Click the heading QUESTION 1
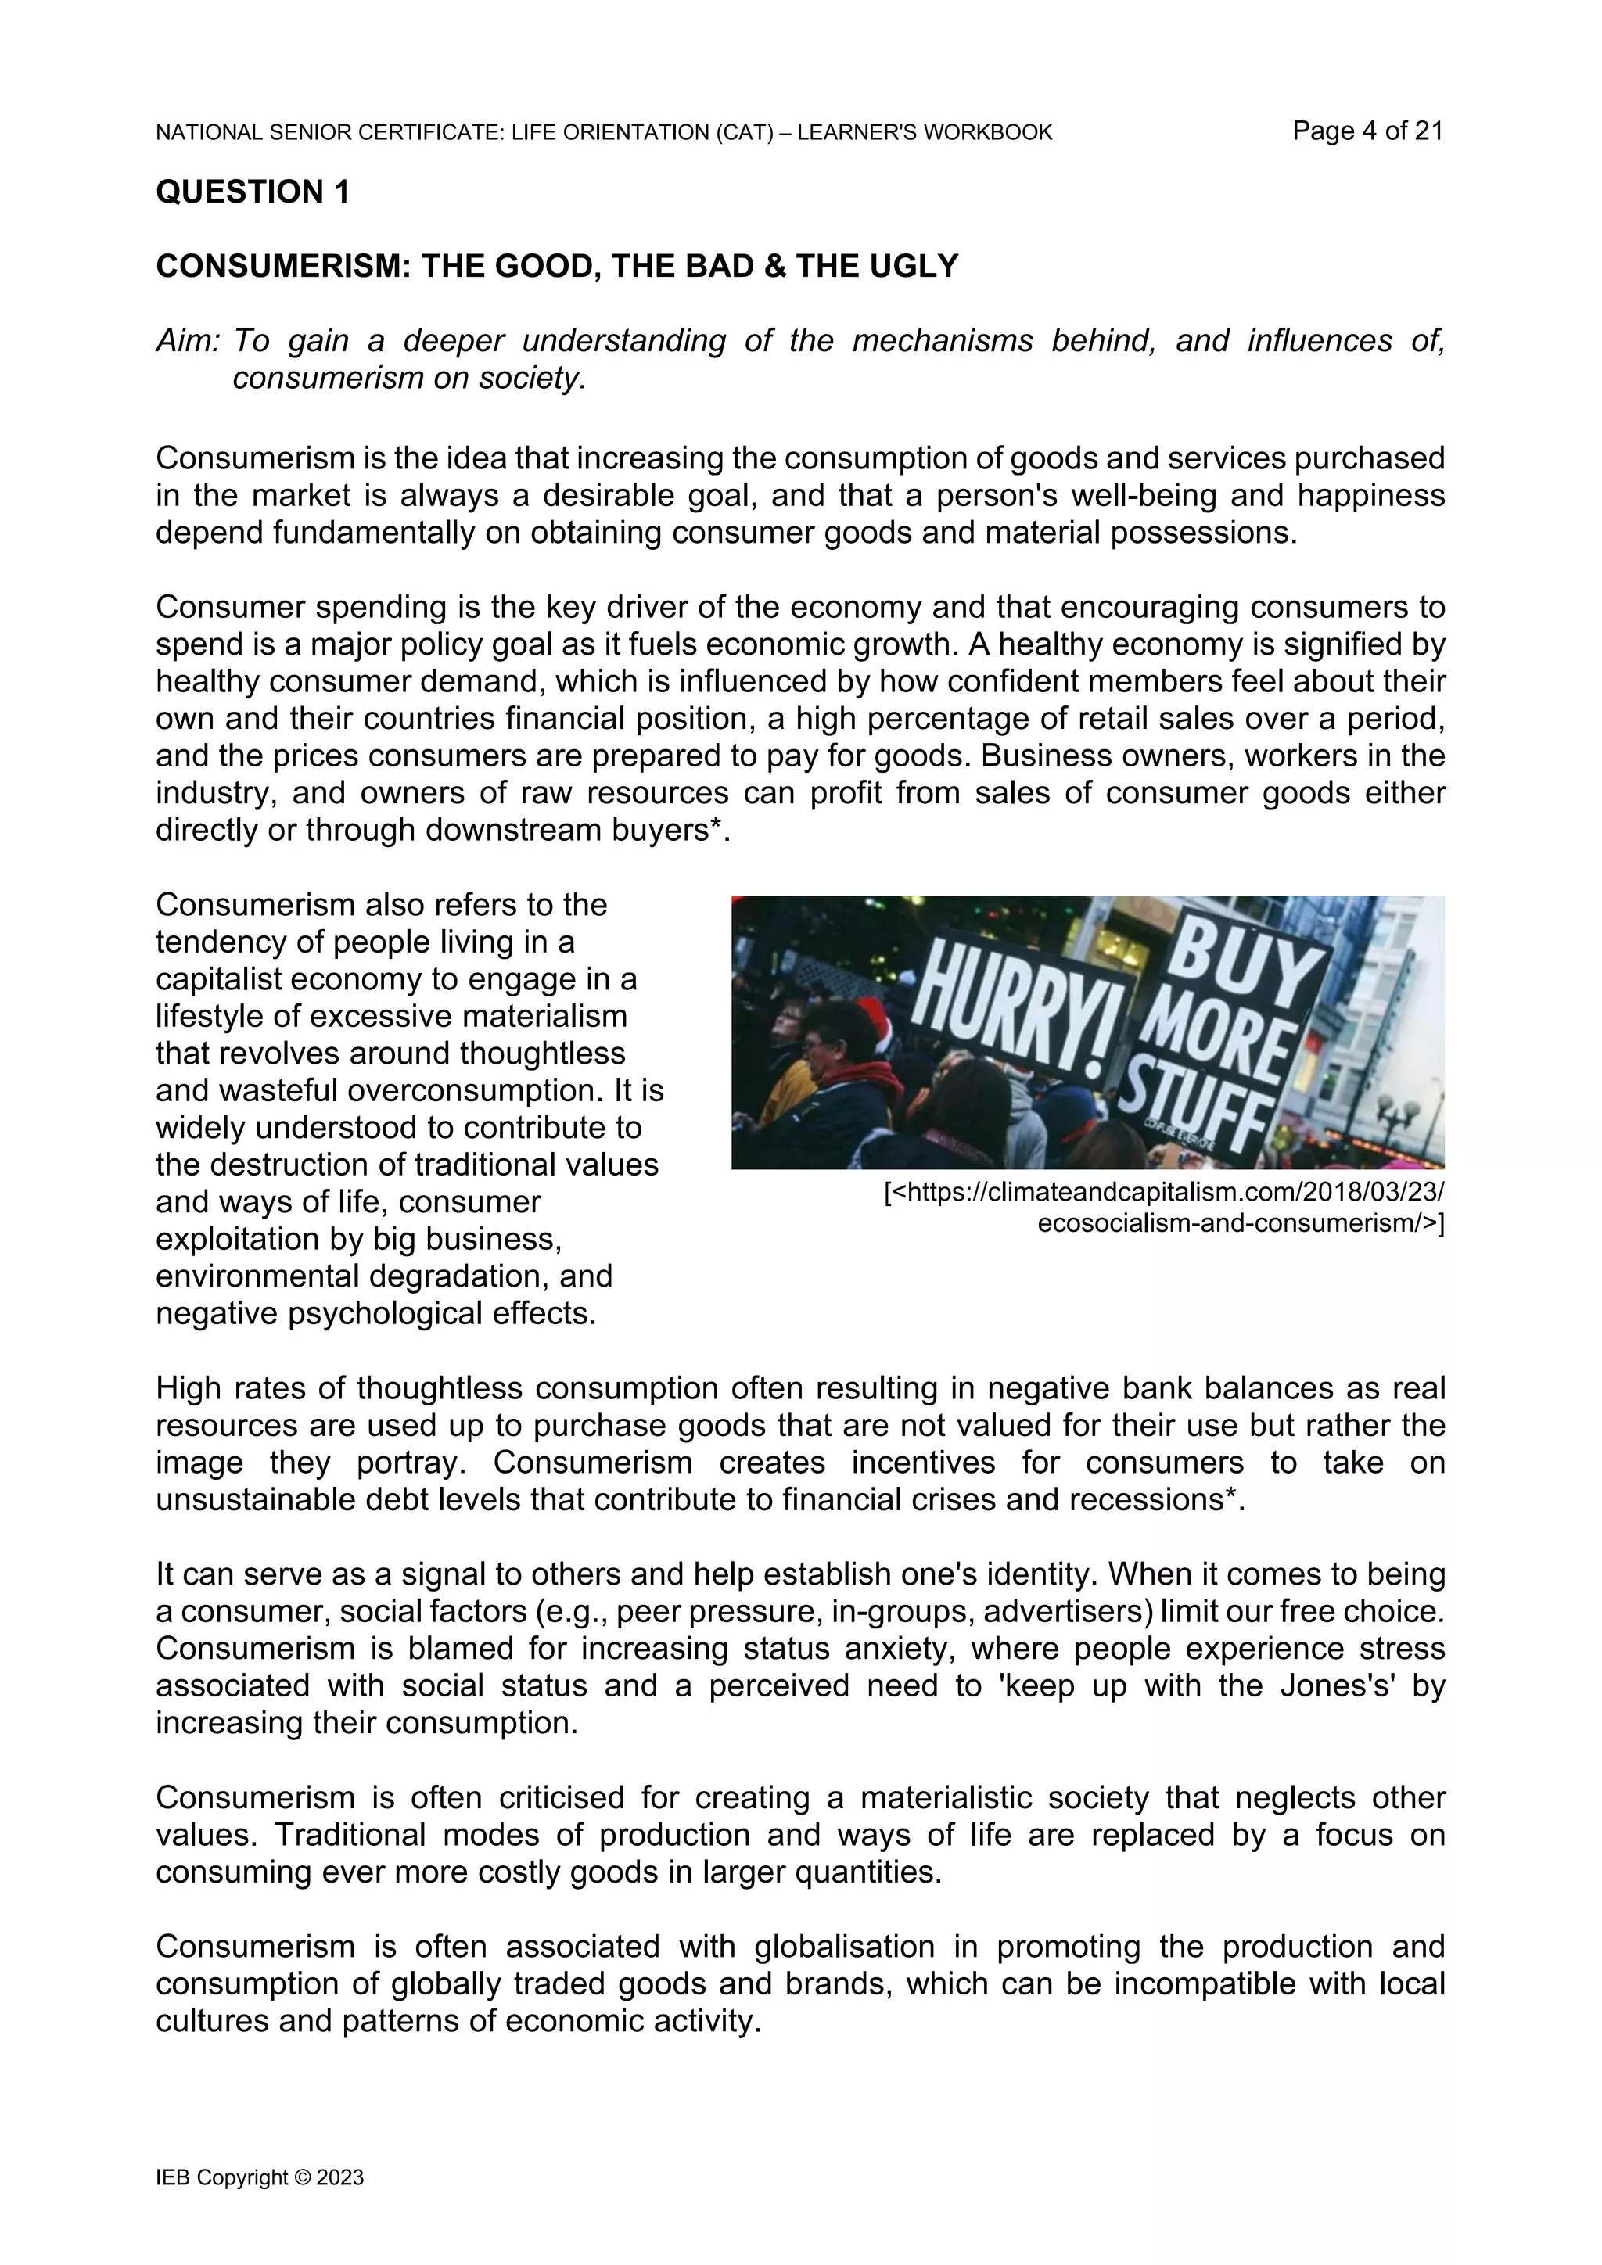click(x=253, y=192)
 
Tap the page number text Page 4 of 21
click(x=1367, y=131)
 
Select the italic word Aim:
click(x=188, y=341)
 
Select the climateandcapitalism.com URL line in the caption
click(x=1164, y=1194)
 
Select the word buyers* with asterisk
click(x=673, y=831)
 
